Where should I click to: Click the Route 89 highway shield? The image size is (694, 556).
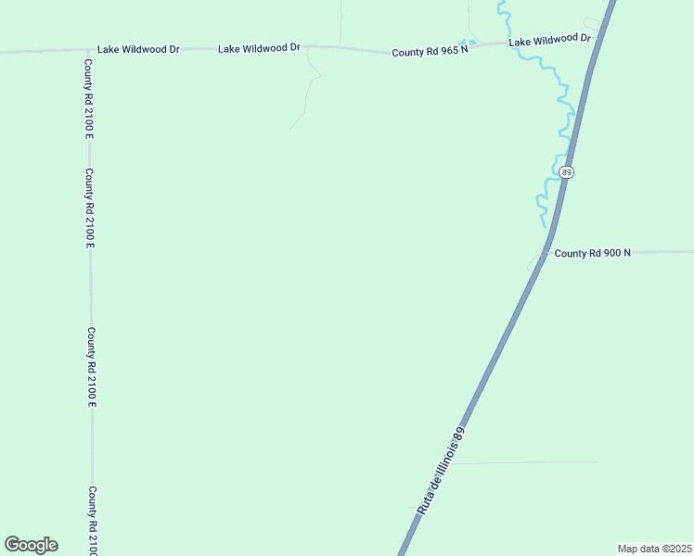tap(567, 172)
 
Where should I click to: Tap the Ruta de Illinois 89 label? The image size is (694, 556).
tap(441, 470)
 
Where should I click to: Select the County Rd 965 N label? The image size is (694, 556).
tap(428, 53)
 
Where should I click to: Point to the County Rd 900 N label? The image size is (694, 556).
tap(592, 253)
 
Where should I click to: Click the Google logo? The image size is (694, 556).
tap(31, 545)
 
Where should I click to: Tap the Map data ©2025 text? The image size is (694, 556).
tap(654, 549)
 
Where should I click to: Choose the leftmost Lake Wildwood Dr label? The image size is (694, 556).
tap(138, 49)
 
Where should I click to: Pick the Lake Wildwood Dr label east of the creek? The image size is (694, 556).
tap(550, 40)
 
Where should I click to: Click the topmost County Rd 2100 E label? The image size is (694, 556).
tap(89, 99)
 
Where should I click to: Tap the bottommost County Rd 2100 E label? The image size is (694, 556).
tap(92, 521)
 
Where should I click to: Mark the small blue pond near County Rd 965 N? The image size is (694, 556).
tap(469, 43)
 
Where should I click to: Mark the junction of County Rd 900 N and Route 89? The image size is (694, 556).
tap(547, 252)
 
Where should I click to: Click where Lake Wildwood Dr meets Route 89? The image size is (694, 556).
tap(600, 37)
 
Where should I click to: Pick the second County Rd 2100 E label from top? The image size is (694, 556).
tap(89, 208)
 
